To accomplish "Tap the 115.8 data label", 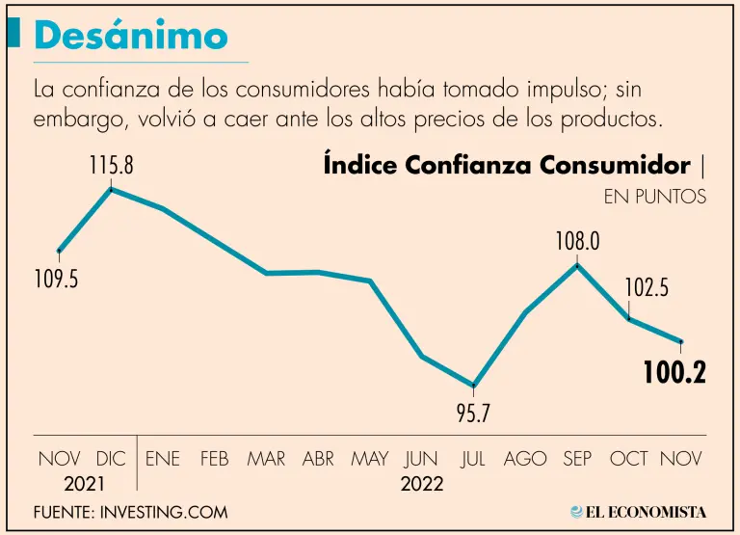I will point(111,165).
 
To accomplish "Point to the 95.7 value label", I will point(473,415).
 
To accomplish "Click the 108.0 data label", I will point(577,240).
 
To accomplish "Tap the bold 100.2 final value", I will point(674,373).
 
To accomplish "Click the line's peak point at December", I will point(112,189).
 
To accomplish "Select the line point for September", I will point(577,264).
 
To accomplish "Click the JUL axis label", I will point(473,460).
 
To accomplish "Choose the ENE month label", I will point(163,460).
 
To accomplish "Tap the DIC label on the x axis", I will point(112,460).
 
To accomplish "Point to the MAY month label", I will point(370,460).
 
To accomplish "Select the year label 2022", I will point(421,484).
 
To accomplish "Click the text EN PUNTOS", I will point(655,197).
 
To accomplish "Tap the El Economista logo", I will point(638,512).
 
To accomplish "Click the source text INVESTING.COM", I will point(162,512).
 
